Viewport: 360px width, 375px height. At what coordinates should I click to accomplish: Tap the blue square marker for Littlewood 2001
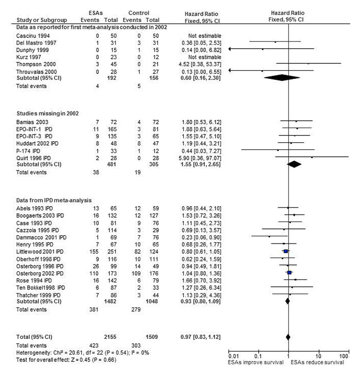click(286, 251)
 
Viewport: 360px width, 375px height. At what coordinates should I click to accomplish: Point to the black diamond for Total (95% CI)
click(288, 337)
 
